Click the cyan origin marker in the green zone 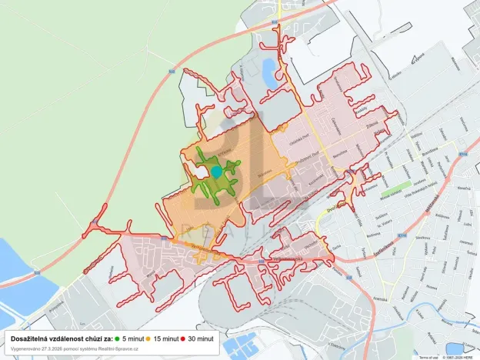217,172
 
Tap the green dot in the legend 117,338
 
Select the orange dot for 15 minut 149,338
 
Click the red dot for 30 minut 185,338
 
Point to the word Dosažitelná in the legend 31,338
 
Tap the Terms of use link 428,357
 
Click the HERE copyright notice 460,357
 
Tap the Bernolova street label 338,154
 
